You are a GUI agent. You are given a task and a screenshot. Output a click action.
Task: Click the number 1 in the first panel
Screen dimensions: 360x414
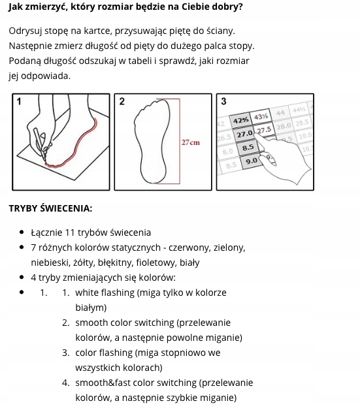pyautogui.click(x=19, y=102)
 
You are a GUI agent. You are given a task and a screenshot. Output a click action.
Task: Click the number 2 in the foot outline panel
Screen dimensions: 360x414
pyautogui.click(x=122, y=101)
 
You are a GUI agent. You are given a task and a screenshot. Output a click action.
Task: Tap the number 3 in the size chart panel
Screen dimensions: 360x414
pyautogui.click(x=223, y=101)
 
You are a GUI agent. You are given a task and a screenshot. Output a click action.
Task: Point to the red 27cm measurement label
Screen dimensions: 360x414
pyautogui.click(x=191, y=142)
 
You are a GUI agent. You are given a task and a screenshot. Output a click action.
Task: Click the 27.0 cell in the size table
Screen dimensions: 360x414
pyautogui.click(x=245, y=134)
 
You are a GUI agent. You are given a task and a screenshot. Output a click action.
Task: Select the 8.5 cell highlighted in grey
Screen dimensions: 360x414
pyautogui.click(x=248, y=148)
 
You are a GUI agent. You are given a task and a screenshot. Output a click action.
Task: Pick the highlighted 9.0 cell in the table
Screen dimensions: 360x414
pyautogui.click(x=251, y=161)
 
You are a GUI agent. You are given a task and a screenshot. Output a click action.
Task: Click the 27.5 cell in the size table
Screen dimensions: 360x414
pyautogui.click(x=264, y=131)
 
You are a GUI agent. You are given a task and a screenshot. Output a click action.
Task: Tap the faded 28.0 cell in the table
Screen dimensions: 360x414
pyautogui.click(x=284, y=126)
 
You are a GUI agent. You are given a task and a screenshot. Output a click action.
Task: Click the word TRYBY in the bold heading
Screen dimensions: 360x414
pyautogui.click(x=23, y=208)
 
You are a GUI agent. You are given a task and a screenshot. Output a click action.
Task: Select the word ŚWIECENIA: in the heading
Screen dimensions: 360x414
pyautogui.click(x=66, y=208)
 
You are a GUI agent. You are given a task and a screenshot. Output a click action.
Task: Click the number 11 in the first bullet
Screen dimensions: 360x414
pyautogui.click(x=70, y=232)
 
